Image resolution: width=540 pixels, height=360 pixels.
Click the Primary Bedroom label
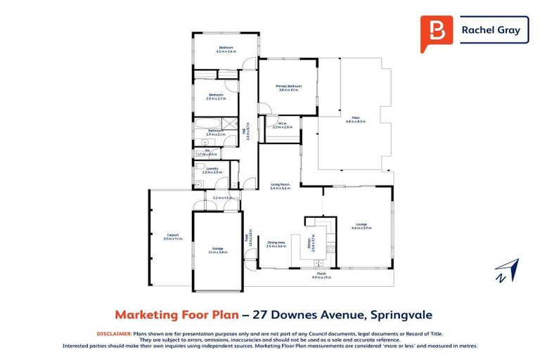tap(289, 86)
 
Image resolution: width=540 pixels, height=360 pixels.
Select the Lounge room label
tap(361, 224)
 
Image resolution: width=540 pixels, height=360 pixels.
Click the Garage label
tap(218, 247)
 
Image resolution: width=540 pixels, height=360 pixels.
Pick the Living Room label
tap(281, 185)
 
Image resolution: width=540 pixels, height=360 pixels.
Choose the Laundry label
tap(212, 168)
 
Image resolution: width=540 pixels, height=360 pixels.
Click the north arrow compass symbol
tap(506, 271)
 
